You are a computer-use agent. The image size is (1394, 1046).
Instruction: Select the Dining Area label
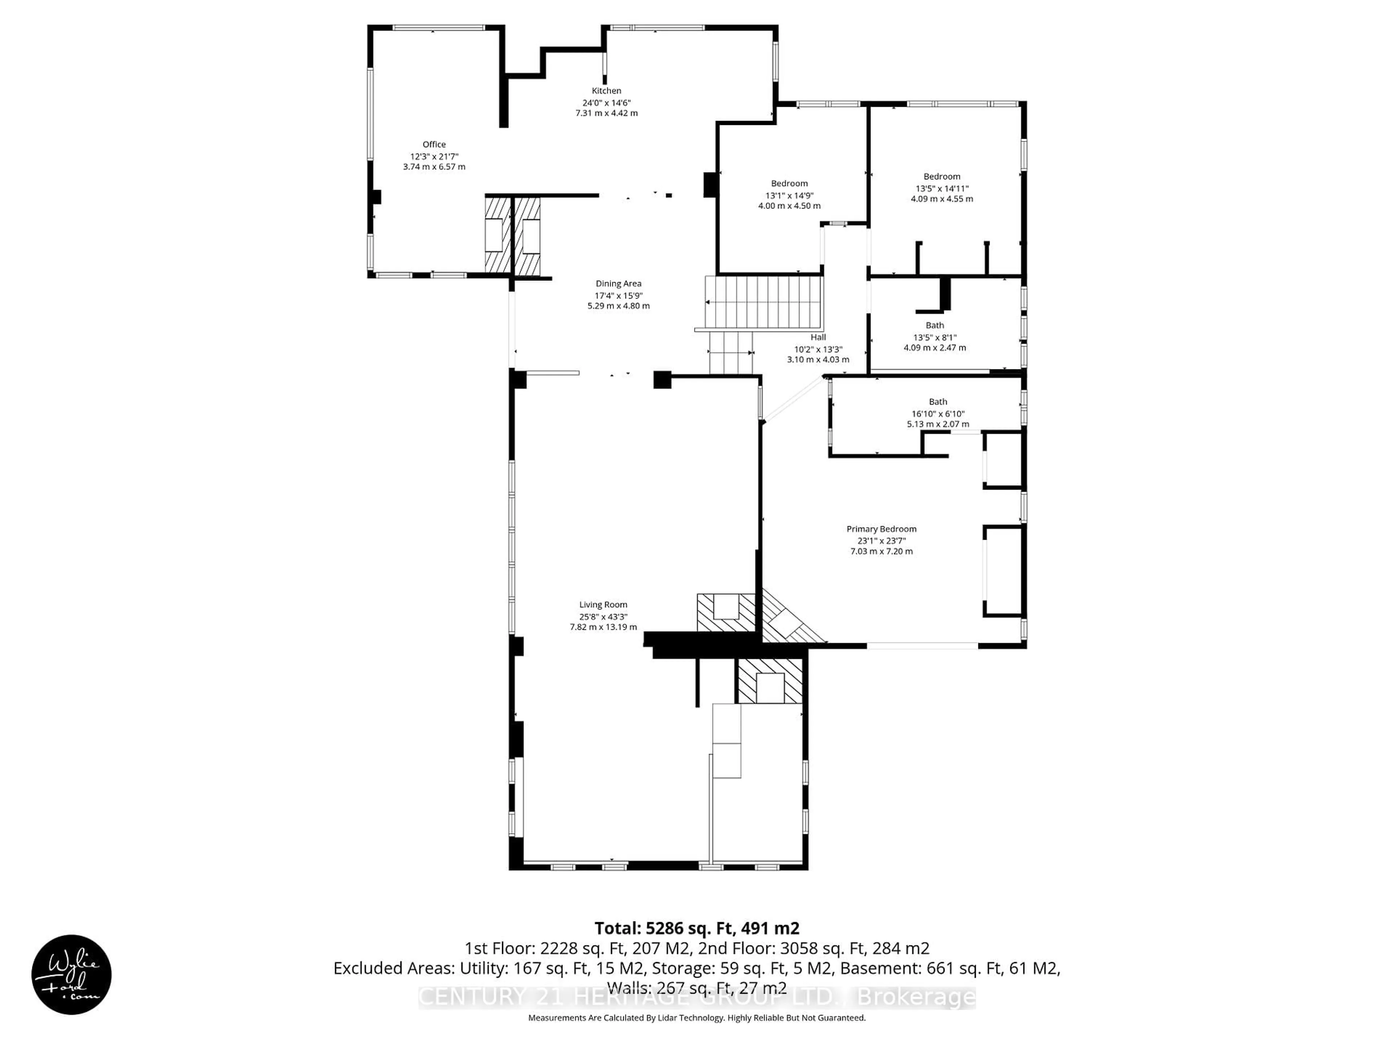[618, 284]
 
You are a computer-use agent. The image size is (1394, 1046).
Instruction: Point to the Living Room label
[603, 605]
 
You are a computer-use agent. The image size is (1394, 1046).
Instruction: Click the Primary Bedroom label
[881, 529]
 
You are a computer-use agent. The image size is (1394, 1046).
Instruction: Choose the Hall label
[818, 337]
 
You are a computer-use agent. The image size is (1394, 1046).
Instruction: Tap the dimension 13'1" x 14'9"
[789, 195]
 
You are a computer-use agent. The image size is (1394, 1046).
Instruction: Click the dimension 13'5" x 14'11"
[942, 188]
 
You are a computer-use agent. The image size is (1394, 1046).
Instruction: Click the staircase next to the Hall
[764, 302]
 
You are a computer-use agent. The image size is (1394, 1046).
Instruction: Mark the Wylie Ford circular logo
[71, 974]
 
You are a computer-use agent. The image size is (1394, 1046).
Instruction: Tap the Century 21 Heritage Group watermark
[696, 997]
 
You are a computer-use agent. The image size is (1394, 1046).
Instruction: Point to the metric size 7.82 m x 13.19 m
[603, 627]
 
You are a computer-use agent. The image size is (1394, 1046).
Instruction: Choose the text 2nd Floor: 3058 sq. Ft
[813, 948]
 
